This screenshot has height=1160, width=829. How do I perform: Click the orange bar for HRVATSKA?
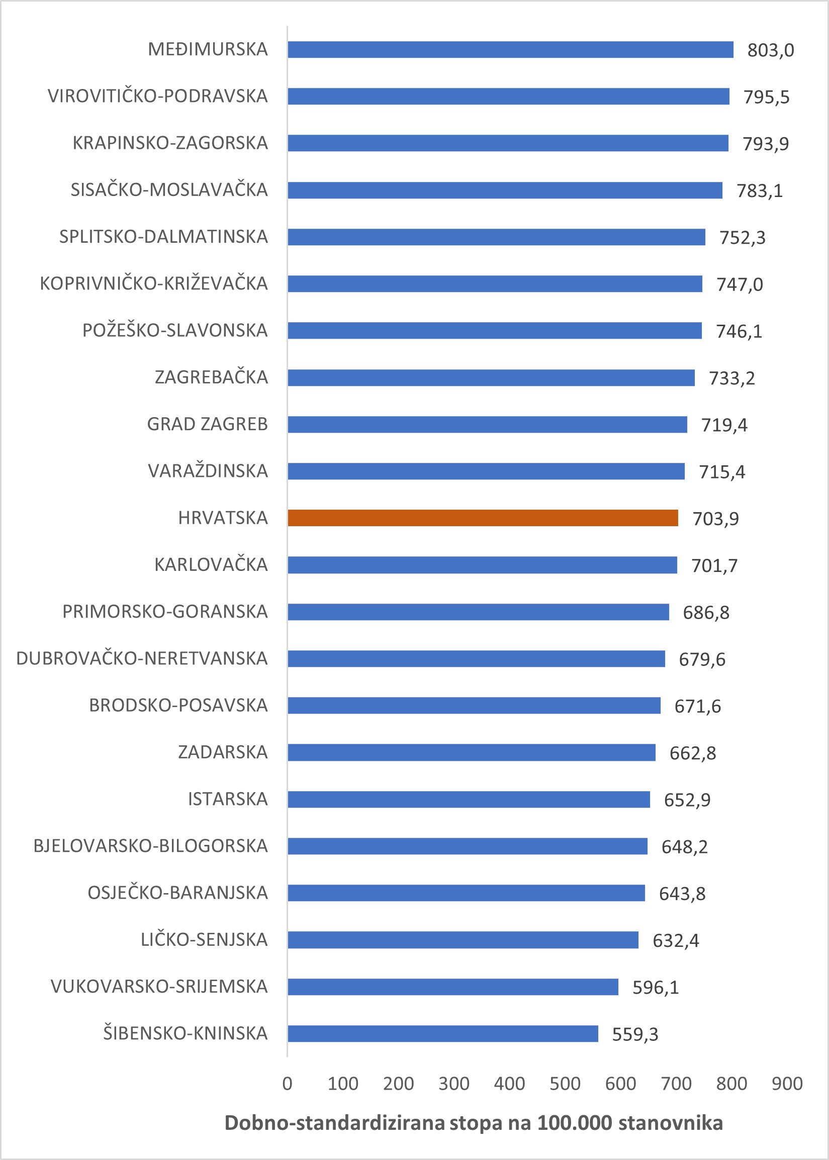[x=483, y=518]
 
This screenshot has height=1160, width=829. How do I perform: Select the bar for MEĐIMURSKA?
[x=510, y=49]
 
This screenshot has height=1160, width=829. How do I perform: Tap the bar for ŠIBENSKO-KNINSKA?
[x=442, y=1033]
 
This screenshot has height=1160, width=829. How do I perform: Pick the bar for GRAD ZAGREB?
[x=487, y=424]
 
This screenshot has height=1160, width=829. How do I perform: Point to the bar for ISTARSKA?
[x=469, y=799]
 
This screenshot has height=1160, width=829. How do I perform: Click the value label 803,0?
[x=770, y=50]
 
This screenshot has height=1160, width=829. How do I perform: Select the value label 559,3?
[x=635, y=1034]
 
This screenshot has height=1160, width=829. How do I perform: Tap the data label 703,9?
[x=715, y=519]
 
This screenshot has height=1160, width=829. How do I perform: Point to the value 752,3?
[x=742, y=238]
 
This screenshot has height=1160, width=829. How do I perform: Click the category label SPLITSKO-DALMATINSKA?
[x=163, y=237]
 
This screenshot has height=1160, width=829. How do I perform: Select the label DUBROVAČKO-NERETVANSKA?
[x=142, y=658]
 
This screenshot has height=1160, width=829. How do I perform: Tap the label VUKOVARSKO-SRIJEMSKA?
[x=159, y=987]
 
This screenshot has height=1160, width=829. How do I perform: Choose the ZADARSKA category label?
[x=223, y=752]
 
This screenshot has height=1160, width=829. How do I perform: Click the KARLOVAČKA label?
[x=211, y=565]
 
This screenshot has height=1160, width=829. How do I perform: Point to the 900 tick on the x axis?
[x=787, y=1084]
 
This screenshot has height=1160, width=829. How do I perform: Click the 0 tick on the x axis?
[x=288, y=1084]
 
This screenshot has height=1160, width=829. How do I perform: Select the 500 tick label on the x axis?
[x=565, y=1084]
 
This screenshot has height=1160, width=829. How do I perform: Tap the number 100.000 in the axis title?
[x=574, y=1123]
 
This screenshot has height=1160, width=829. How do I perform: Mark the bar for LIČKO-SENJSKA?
[x=463, y=940]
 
